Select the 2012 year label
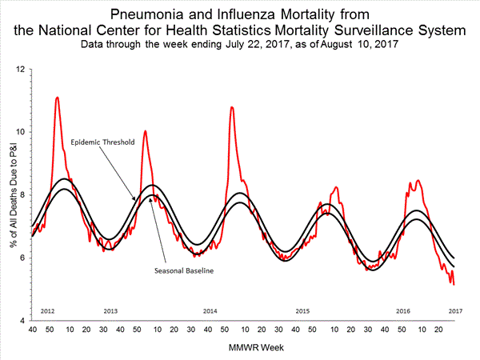46,310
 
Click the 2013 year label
111,310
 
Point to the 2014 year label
210,310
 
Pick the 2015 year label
302,310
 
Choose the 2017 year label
456,310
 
